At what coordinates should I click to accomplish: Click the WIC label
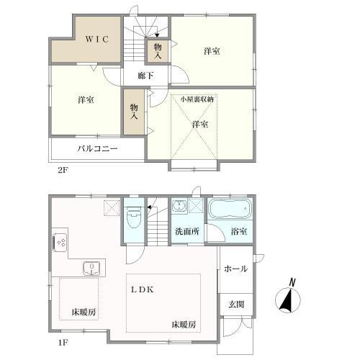(93, 40)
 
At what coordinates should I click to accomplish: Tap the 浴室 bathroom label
(239, 231)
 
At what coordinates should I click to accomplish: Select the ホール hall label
(236, 269)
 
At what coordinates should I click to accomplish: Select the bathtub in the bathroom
(230, 211)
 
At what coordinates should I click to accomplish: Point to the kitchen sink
(91, 269)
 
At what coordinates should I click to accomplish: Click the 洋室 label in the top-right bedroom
(211, 51)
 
